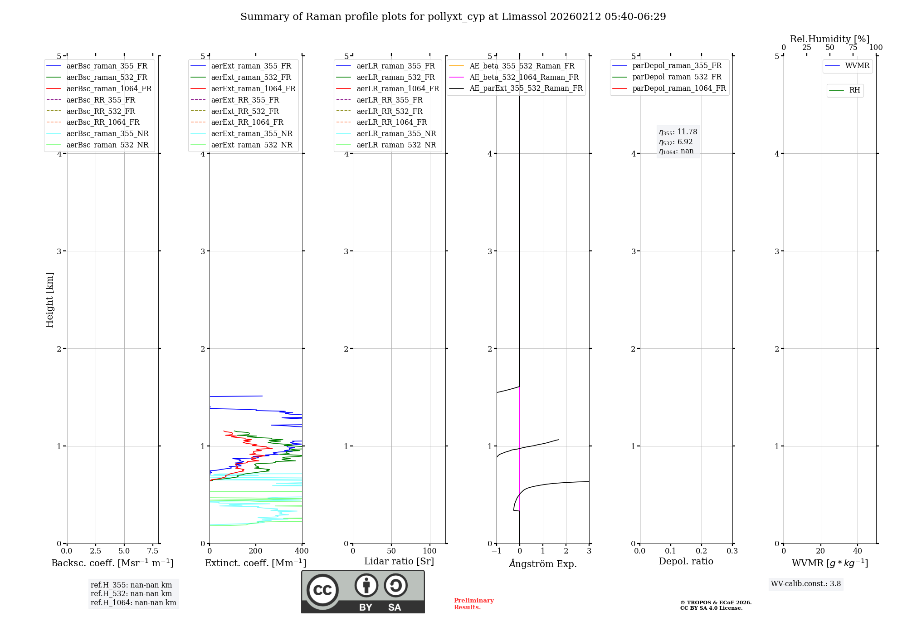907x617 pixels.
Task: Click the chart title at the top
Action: (x=453, y=17)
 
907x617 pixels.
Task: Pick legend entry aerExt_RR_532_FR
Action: (x=245, y=111)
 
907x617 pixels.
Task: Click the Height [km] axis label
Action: (x=49, y=299)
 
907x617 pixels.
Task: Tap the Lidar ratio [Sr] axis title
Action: (x=399, y=561)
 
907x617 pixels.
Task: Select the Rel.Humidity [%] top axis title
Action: (x=829, y=39)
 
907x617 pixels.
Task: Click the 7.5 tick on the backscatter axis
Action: (x=153, y=551)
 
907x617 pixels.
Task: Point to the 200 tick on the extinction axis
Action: (x=256, y=551)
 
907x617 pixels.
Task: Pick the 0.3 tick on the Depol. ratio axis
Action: (x=732, y=551)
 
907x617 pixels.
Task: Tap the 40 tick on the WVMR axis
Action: (x=857, y=551)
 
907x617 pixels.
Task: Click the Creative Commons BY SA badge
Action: (x=363, y=592)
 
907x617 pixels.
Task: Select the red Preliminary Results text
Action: (x=473, y=604)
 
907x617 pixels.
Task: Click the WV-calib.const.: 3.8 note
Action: (x=806, y=584)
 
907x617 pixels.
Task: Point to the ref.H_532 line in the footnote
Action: (x=131, y=594)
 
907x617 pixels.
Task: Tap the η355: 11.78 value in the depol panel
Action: (x=678, y=132)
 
